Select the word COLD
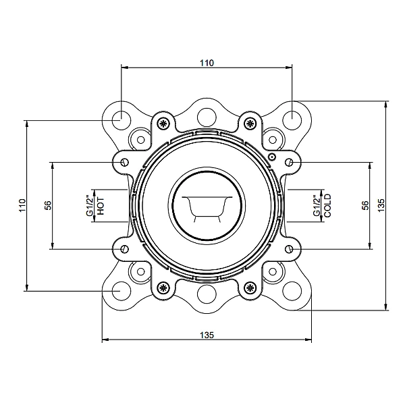point(327,206)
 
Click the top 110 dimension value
point(207,63)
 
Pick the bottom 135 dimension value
point(207,335)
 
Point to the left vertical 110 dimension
point(22,205)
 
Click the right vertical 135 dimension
point(381,205)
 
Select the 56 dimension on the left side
point(48,205)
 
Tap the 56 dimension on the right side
point(365,205)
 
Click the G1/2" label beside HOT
point(89,206)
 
